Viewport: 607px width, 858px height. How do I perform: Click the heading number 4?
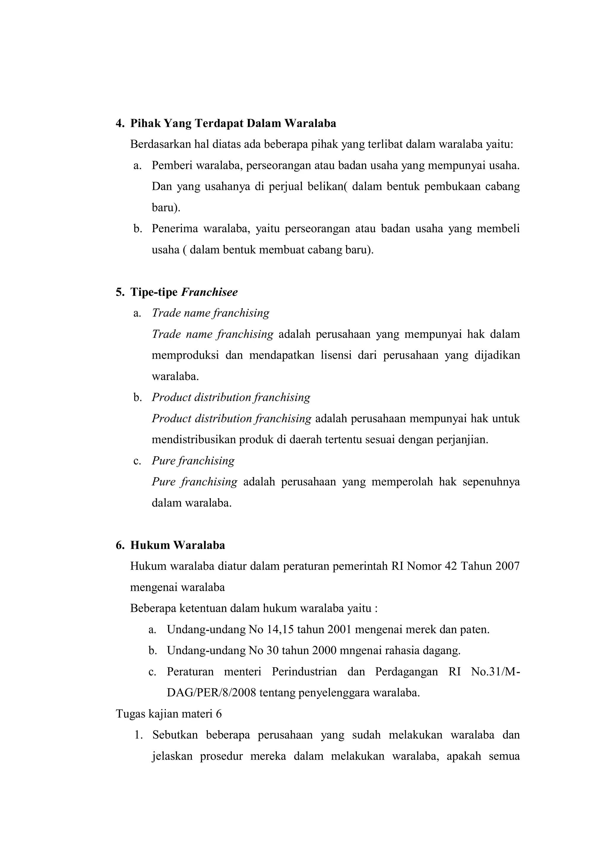coord(120,124)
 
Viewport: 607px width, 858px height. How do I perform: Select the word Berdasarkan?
coord(159,145)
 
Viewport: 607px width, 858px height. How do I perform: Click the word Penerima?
coord(175,229)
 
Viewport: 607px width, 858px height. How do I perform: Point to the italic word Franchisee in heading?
coord(209,292)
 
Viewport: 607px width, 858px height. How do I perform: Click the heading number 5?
coord(120,292)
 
